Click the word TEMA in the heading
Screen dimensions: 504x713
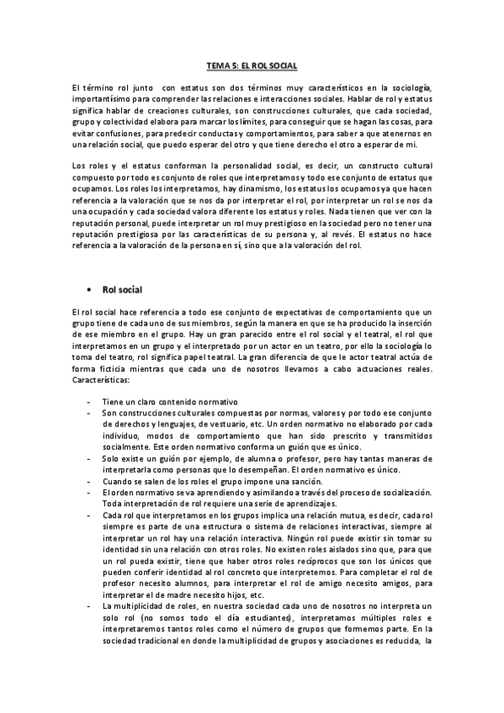[x=218, y=65]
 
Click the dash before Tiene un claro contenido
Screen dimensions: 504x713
[x=88, y=400]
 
